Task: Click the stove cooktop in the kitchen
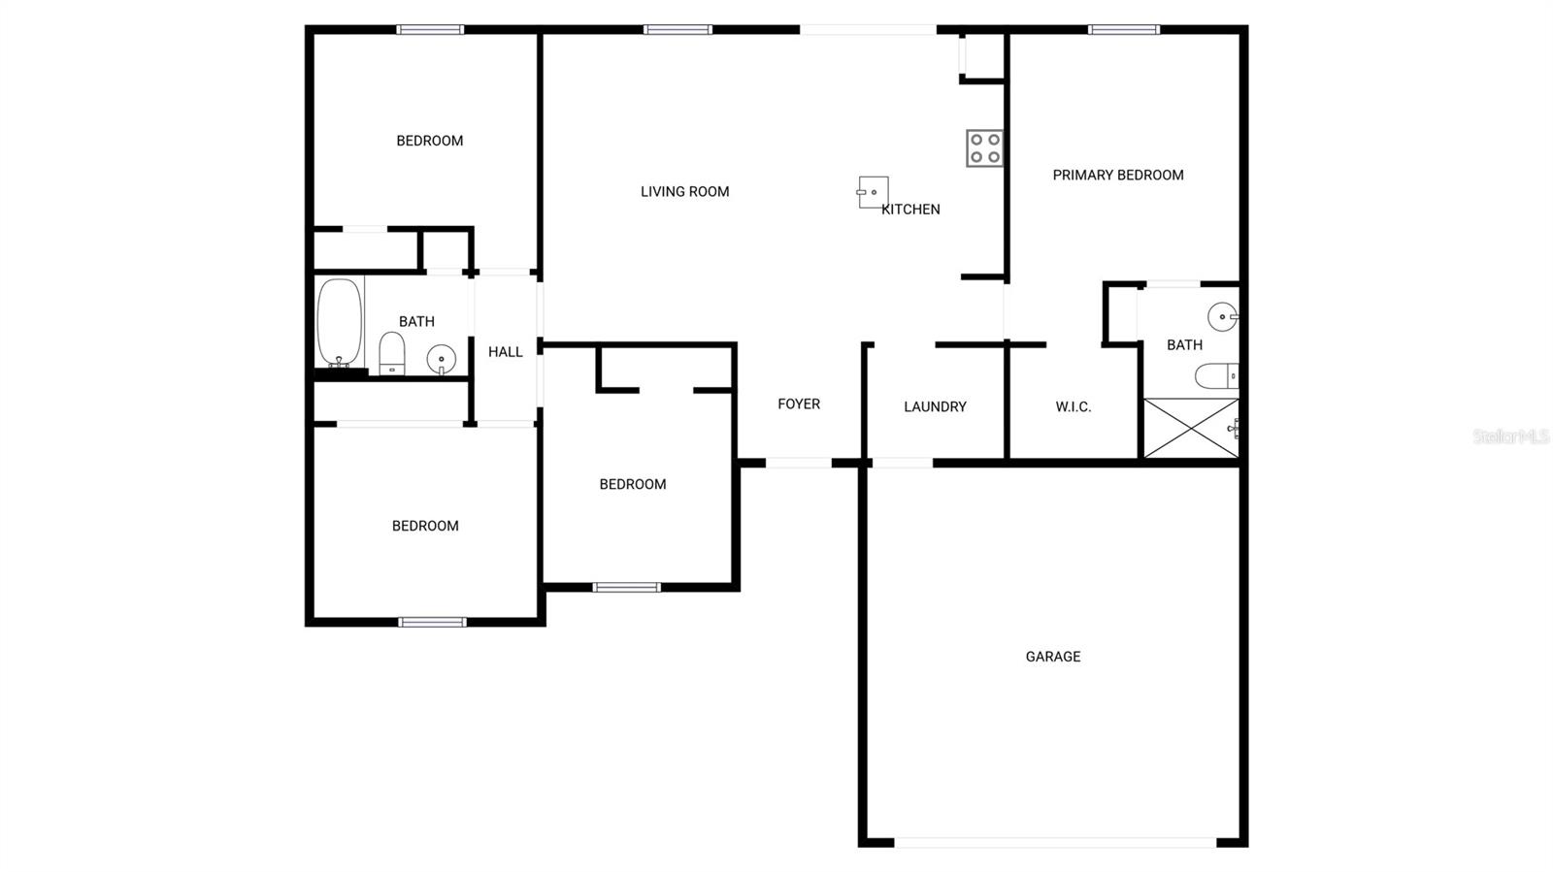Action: [x=984, y=148]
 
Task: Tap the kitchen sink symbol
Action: [x=873, y=193]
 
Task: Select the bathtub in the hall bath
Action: [x=340, y=322]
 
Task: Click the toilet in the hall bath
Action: [x=392, y=353]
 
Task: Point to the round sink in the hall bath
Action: [x=441, y=360]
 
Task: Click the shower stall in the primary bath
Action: [x=1190, y=428]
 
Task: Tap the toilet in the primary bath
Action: [x=1217, y=376]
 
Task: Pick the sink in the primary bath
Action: [x=1223, y=316]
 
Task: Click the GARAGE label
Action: [x=1052, y=657]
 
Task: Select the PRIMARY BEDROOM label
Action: [x=1117, y=176]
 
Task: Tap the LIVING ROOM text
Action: [x=684, y=192]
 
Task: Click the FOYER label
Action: [x=799, y=404]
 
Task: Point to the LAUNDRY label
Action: [x=935, y=406]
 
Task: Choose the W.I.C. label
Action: [x=1074, y=407]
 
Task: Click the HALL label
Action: [x=505, y=352]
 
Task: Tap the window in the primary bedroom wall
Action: [x=1124, y=30]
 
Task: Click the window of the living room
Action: [x=677, y=30]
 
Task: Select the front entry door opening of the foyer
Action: [x=799, y=463]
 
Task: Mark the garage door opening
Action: [x=1055, y=843]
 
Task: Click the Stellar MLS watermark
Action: [x=1511, y=436]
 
